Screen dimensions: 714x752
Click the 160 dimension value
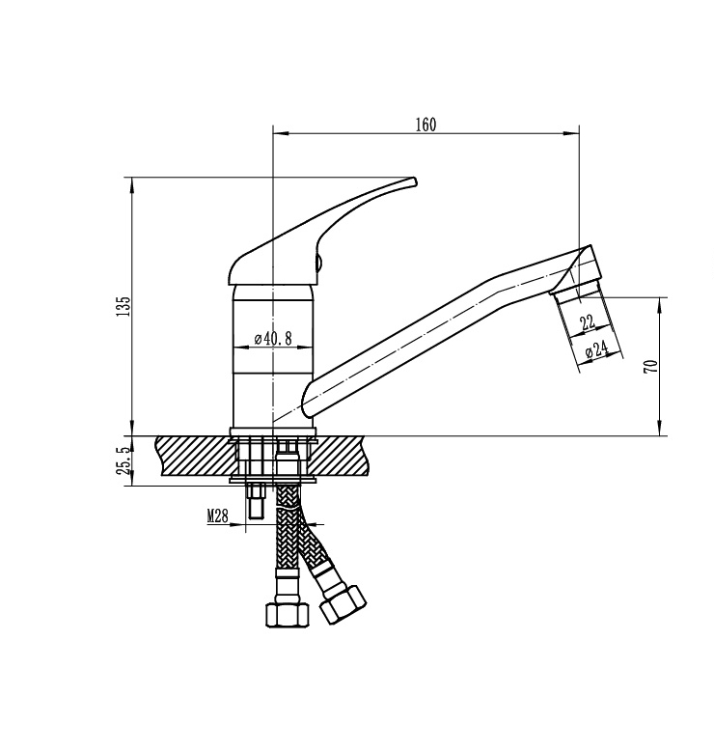426,125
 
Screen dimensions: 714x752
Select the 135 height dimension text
123,305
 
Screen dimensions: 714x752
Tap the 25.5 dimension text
123,460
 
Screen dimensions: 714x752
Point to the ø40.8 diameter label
273,339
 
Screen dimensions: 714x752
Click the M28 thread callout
217,516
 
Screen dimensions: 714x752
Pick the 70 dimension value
653,367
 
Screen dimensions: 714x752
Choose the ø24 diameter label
597,349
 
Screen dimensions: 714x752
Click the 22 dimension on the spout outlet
588,322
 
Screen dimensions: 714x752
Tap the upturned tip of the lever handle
414,181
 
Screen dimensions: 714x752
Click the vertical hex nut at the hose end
288,614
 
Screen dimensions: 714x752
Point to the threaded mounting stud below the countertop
256,503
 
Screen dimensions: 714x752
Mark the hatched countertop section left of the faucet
195,456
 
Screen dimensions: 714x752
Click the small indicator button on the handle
318,263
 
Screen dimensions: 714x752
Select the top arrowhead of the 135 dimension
132,185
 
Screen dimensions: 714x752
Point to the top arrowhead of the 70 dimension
661,305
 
